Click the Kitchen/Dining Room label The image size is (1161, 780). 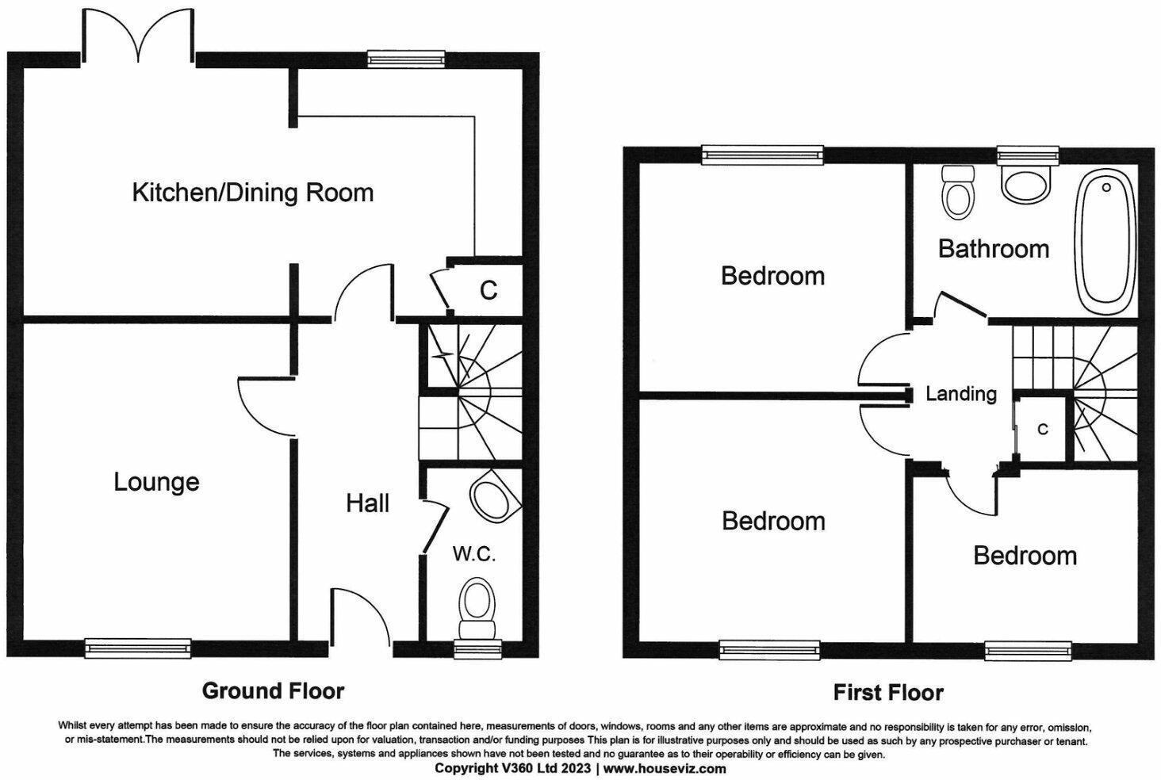(253, 193)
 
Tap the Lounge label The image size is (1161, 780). (156, 482)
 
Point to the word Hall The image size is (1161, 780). (367, 503)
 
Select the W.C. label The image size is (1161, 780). (474, 553)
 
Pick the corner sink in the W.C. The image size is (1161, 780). (495, 495)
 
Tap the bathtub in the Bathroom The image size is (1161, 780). (1105, 243)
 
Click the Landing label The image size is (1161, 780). (961, 394)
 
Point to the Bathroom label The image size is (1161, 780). (994, 249)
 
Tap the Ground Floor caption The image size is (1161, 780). (273, 691)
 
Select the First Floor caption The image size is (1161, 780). (888, 693)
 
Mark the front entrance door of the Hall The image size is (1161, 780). (361, 617)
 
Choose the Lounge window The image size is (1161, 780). (137, 648)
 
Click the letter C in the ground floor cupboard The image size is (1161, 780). (489, 291)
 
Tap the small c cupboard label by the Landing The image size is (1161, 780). (1043, 429)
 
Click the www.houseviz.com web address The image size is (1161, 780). (665, 768)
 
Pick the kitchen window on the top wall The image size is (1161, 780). (406, 59)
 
